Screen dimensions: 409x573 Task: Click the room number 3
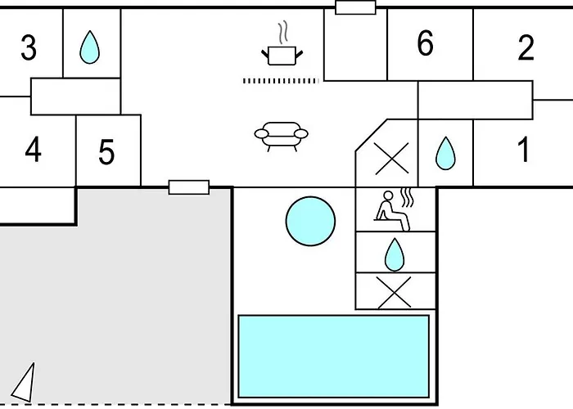click(29, 47)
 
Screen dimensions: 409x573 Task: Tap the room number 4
click(33, 151)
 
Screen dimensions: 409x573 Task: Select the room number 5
click(106, 152)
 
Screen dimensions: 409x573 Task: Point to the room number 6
click(424, 44)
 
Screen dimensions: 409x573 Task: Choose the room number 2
click(526, 48)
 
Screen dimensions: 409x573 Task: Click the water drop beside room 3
click(88, 48)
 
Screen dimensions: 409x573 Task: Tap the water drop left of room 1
click(444, 153)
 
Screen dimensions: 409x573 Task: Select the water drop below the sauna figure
click(395, 254)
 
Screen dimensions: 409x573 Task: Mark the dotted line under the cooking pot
click(280, 81)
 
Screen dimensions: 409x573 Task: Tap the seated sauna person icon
click(393, 206)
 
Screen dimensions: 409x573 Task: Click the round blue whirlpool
click(311, 218)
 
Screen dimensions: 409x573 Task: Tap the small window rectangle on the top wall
click(356, 7)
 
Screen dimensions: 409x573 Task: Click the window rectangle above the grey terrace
click(189, 187)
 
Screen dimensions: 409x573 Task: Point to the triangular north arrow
click(25, 383)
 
